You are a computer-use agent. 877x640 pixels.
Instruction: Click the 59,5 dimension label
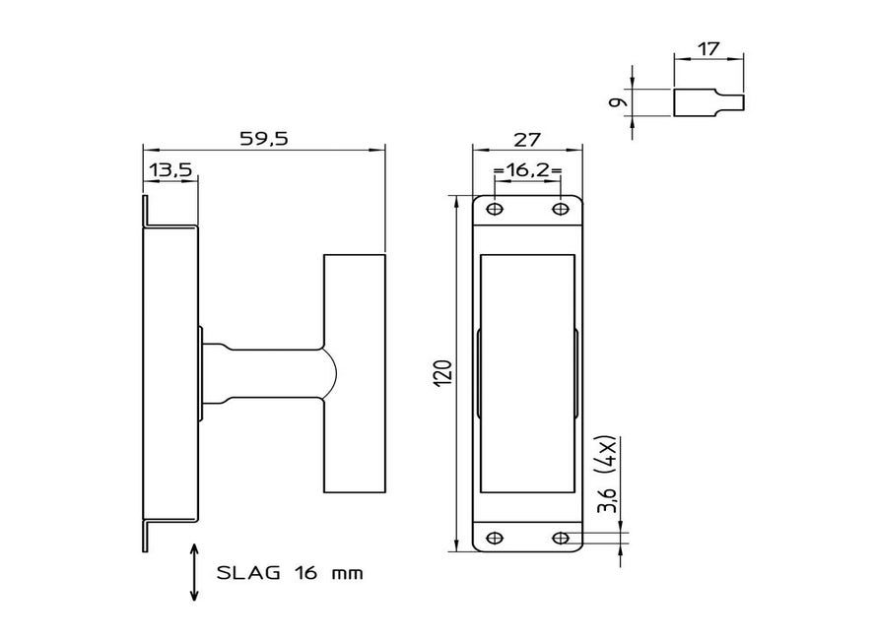point(264,138)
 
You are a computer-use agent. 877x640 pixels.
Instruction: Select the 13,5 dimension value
point(170,169)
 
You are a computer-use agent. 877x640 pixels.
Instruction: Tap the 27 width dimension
point(527,139)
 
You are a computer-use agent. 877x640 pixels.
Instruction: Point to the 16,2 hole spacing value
point(527,170)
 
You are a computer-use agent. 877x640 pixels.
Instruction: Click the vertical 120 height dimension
point(442,373)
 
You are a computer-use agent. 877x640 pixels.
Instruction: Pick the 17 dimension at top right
point(708,49)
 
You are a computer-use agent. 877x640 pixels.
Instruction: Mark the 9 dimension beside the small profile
point(618,102)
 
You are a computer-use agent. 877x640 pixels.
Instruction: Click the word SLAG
point(248,573)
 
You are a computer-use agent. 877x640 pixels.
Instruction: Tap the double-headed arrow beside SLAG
point(194,571)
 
